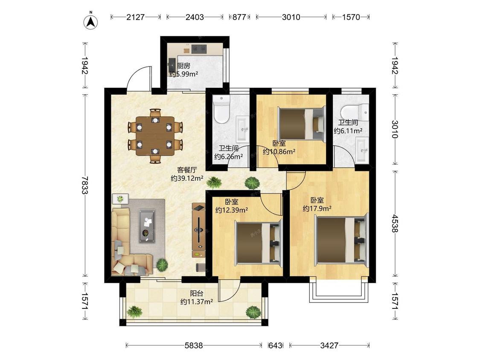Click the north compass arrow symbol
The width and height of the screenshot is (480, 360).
pyautogui.click(x=91, y=21)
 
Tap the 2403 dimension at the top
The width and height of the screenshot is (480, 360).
pyautogui.click(x=195, y=17)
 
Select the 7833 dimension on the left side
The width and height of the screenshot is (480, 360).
pyautogui.click(x=85, y=185)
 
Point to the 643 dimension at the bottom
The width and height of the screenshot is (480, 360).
pyautogui.click(x=275, y=345)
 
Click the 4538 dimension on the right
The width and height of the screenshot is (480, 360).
pyautogui.click(x=395, y=223)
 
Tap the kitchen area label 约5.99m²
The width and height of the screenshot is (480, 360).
pyautogui.click(x=183, y=74)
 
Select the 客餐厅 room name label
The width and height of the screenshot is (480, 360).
pyautogui.click(x=187, y=170)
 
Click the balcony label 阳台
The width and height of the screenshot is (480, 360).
pyautogui.click(x=197, y=293)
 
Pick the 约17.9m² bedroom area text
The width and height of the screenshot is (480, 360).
pyautogui.click(x=317, y=209)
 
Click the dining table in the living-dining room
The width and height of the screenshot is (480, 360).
pyautogui.click(x=155, y=136)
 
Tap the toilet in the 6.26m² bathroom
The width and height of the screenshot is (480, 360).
pyautogui.click(x=221, y=109)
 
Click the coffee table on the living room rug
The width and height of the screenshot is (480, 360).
pyautogui.click(x=147, y=226)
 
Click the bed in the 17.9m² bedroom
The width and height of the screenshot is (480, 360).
pyautogui.click(x=341, y=240)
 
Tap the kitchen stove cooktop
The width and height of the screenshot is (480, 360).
pyautogui.click(x=199, y=48)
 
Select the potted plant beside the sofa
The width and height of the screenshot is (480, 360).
pyautogui.click(x=162, y=264)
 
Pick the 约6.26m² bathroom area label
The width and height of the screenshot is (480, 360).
pyautogui.click(x=229, y=157)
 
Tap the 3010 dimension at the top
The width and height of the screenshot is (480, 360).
pyautogui.click(x=291, y=17)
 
